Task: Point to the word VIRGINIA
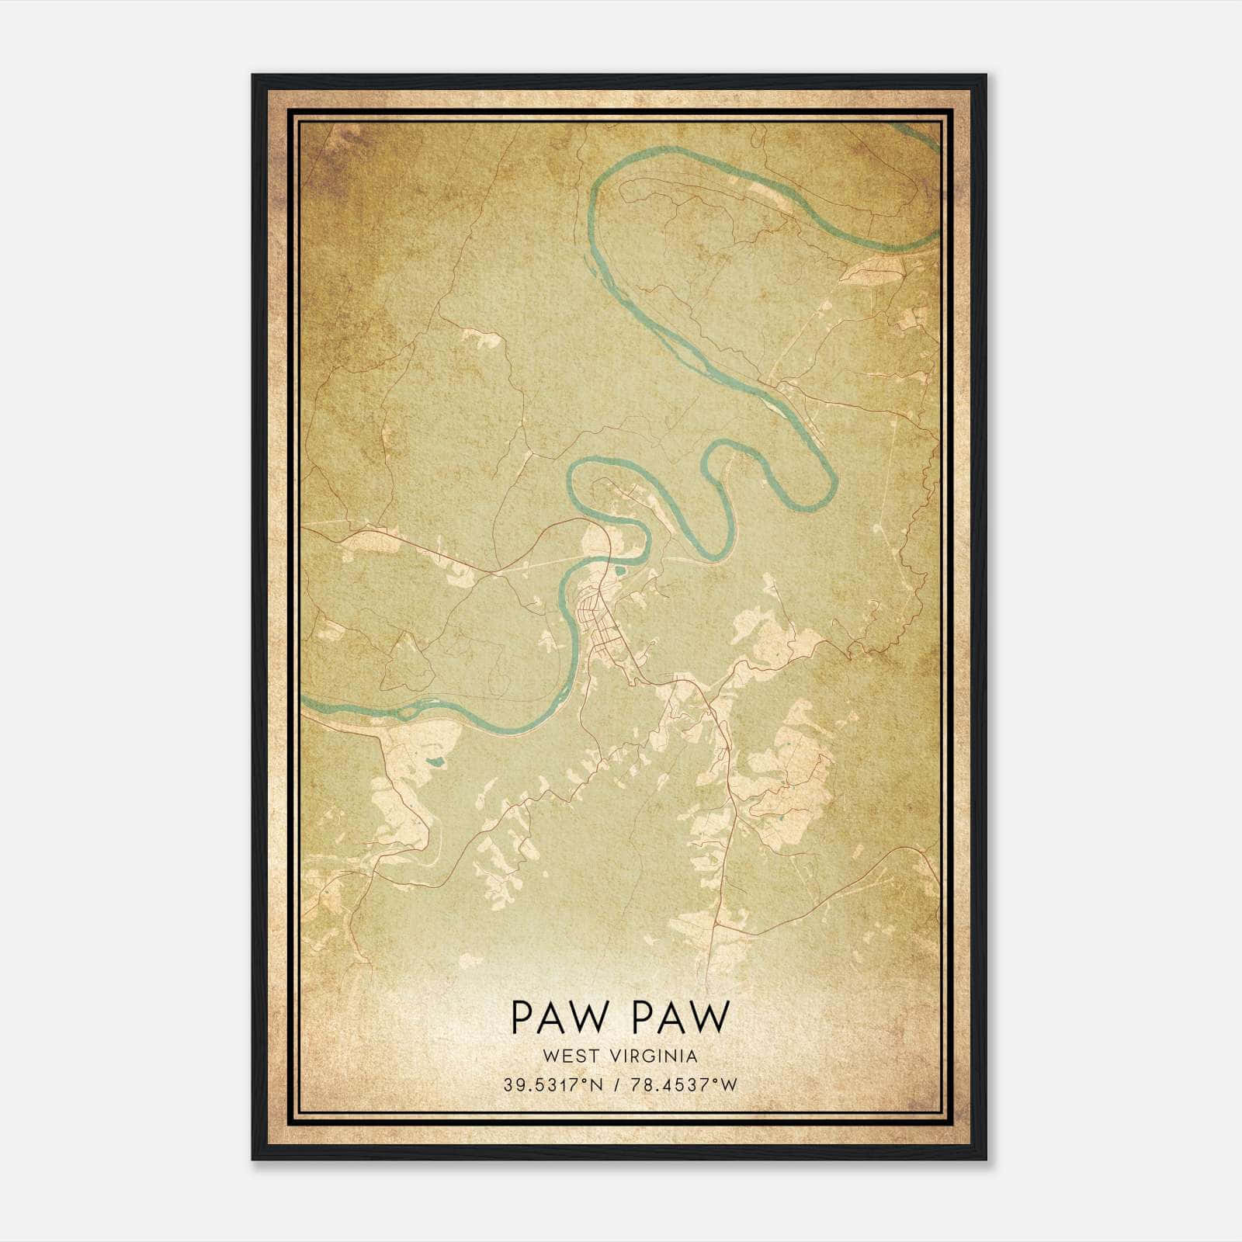coord(656,1056)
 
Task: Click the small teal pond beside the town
coord(618,574)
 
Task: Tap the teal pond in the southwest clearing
coord(435,762)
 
